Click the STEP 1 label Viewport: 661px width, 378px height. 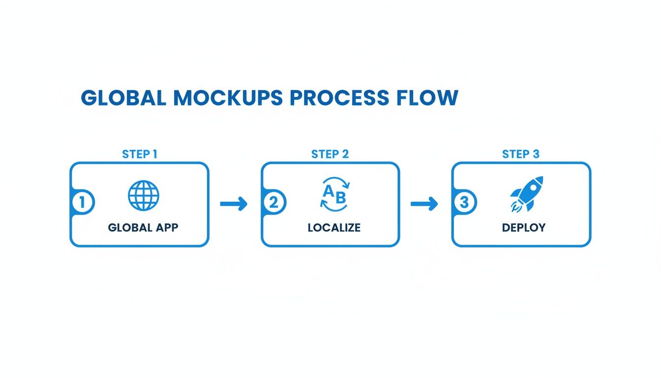click(x=140, y=154)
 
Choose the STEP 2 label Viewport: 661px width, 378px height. click(x=330, y=154)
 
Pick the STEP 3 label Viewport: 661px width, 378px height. click(x=521, y=154)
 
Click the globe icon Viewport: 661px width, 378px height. click(x=144, y=195)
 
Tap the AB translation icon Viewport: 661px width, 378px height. click(x=334, y=195)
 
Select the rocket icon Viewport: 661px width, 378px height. click(x=526, y=194)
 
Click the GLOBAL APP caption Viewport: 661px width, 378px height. click(x=143, y=228)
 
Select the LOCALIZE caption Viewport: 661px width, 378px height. click(x=334, y=228)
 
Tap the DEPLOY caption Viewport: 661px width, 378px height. click(x=524, y=228)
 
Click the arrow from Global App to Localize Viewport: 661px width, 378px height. click(x=234, y=203)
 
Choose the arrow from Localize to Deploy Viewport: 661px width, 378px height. click(x=424, y=203)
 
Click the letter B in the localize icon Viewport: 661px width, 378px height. click(x=340, y=197)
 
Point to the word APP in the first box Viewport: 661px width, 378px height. click(x=167, y=228)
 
